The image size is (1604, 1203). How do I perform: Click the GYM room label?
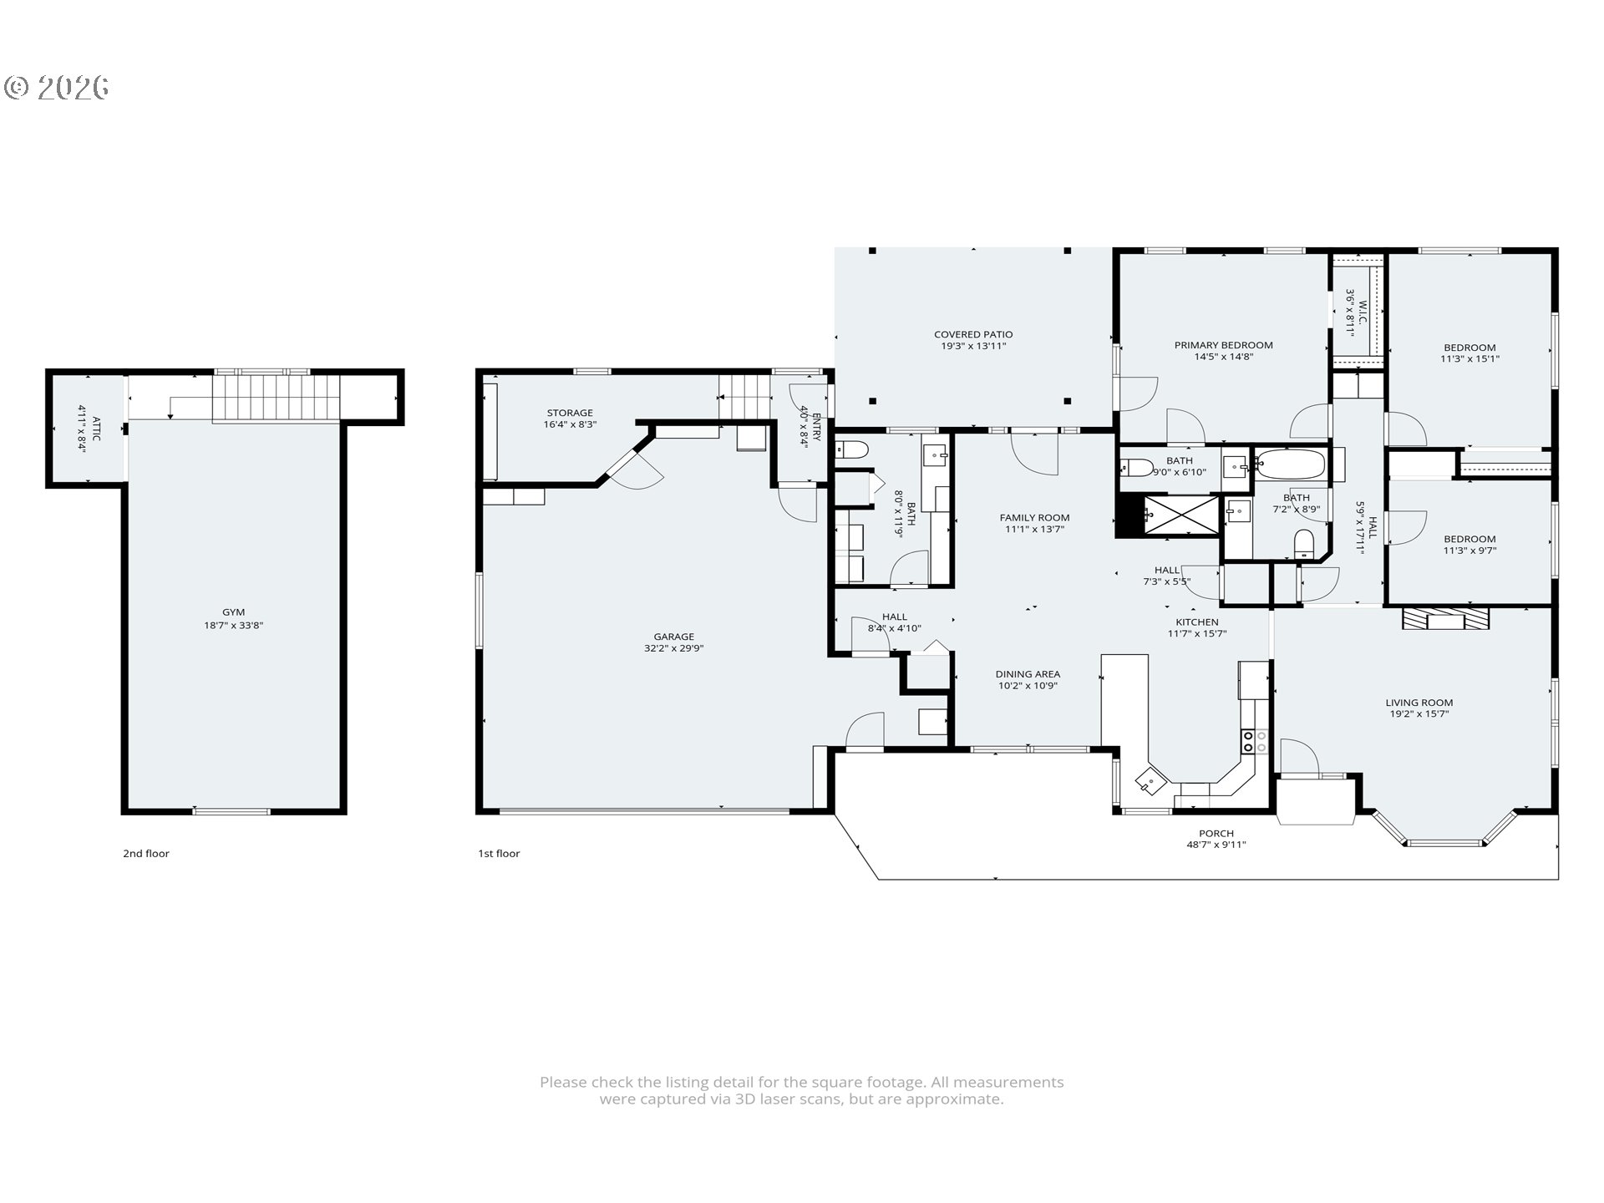(234, 612)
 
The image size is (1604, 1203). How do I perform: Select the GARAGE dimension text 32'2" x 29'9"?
(673, 648)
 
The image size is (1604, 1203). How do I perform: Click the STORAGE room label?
(570, 413)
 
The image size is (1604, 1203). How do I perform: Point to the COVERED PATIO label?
(973, 335)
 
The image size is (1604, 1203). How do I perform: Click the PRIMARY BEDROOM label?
(1223, 345)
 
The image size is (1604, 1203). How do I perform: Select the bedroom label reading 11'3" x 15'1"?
(1469, 359)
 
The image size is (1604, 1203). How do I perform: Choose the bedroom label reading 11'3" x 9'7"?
(1469, 551)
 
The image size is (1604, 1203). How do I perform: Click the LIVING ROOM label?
(1419, 703)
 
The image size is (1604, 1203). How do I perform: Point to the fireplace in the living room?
(1445, 619)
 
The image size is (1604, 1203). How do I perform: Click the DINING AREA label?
(1028, 674)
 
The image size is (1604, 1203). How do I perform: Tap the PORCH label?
(1216, 833)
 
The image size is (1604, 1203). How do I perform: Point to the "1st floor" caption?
(499, 853)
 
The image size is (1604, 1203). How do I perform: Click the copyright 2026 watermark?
(57, 87)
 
